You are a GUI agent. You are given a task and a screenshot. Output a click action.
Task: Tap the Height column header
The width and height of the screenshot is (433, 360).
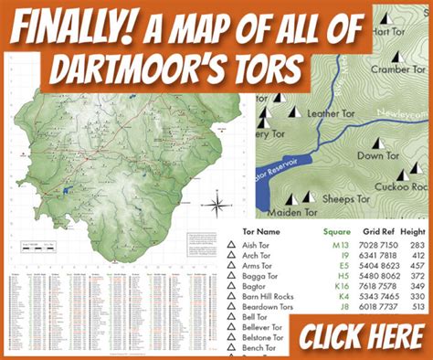coord(416,232)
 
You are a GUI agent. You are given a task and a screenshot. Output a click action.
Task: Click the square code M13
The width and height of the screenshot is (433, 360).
coord(340,246)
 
